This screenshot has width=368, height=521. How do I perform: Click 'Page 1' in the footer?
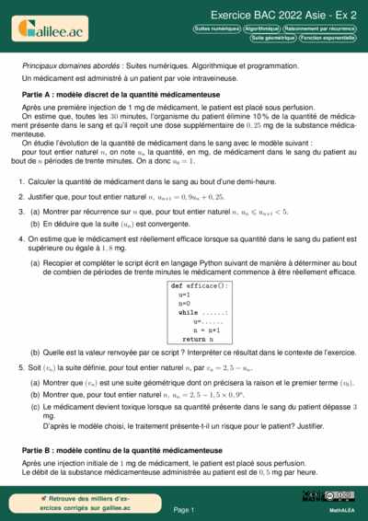pyautogui.click(x=184, y=508)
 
